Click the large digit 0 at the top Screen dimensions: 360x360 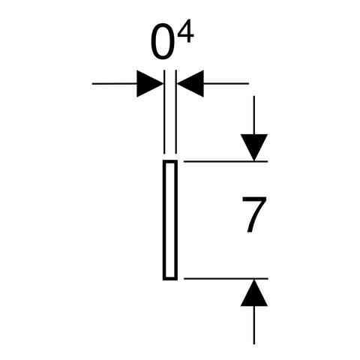162,41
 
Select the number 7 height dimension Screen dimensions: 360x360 254,214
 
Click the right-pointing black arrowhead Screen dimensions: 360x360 150,84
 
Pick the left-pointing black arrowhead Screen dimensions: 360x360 190,83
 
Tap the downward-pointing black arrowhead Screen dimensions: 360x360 254,148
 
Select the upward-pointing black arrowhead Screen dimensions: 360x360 254,292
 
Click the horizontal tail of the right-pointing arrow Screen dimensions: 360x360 115,84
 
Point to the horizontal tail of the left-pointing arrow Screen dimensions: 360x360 226,83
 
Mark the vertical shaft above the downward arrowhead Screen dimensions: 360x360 254,115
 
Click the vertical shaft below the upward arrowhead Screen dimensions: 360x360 254,325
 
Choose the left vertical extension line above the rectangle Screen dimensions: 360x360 164,112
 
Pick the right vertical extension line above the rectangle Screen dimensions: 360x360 176,112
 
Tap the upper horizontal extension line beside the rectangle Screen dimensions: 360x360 226,161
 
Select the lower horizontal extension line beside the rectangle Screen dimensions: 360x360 226,278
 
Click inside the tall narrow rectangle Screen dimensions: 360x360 170,220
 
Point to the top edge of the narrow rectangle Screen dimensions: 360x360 170,161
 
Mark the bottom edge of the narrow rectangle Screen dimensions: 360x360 170,279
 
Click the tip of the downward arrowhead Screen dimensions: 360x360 254,161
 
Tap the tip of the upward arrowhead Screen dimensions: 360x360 254,279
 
